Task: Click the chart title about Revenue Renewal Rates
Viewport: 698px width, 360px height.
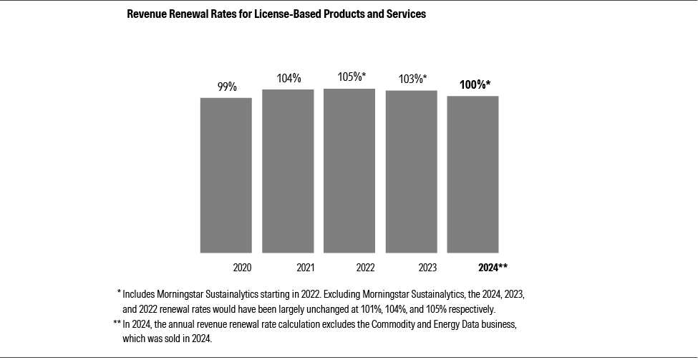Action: [x=276, y=14]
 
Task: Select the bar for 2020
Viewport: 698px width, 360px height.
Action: [x=226, y=175]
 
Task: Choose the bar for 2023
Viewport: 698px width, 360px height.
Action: [x=411, y=171]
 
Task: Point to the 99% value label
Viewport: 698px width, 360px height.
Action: [x=227, y=87]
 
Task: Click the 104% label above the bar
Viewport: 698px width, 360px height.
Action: [x=289, y=78]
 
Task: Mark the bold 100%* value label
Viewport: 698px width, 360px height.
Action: [x=475, y=84]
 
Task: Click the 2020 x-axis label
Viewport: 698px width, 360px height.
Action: [x=243, y=268]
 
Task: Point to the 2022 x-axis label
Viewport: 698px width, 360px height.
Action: [x=365, y=268]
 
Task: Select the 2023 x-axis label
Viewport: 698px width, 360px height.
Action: [x=427, y=268]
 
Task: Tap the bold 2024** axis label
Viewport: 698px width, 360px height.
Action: [x=493, y=268]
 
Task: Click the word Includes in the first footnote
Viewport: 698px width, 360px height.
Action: [x=140, y=294]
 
